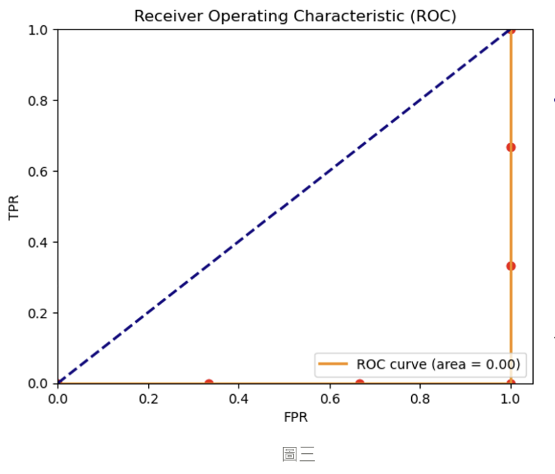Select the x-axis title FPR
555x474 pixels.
pos(295,416)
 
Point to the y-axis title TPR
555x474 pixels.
pos(14,207)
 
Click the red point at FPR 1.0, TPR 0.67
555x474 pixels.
pos(511,147)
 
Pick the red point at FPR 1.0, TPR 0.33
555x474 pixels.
pos(511,266)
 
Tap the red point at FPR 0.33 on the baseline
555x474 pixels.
pos(209,383)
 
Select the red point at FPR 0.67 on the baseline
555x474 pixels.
pos(360,383)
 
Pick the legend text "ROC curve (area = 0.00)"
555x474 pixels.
pos(438,364)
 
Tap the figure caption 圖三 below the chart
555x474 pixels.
pos(298,454)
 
